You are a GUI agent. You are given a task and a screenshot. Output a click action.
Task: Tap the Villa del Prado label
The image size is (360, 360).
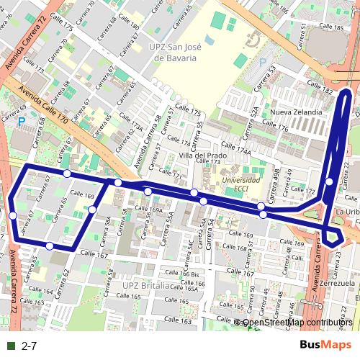point(204,155)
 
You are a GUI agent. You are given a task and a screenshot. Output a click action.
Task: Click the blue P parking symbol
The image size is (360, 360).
point(22,121)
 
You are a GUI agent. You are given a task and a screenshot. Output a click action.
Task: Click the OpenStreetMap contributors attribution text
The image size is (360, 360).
point(297,323)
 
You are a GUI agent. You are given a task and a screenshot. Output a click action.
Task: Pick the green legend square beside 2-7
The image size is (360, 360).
point(11,346)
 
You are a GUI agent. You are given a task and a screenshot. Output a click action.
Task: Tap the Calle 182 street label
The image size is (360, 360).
point(319,89)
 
